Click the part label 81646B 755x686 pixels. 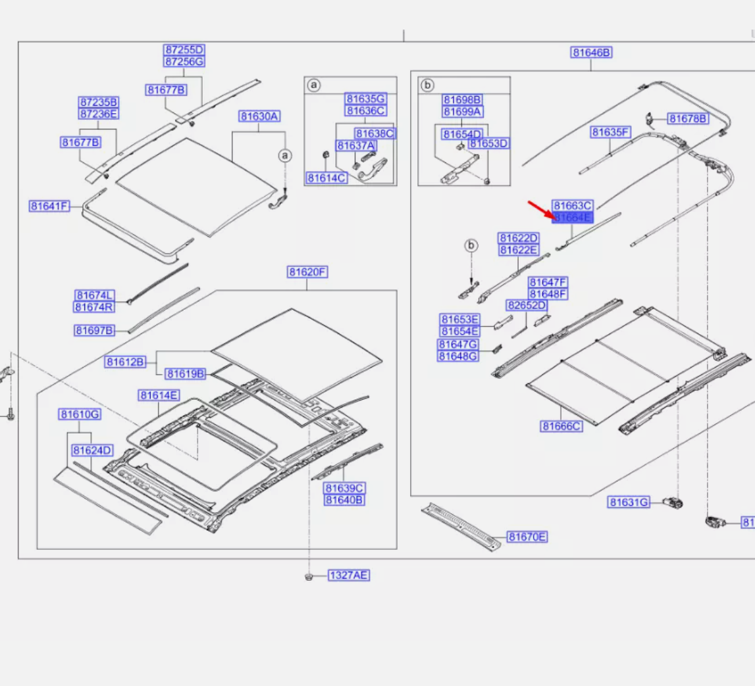tap(591, 53)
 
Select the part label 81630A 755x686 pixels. tap(259, 116)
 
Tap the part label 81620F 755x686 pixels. tap(307, 272)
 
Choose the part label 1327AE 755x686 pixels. tap(349, 576)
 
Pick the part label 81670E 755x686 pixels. tap(527, 537)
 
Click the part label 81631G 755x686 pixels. tap(629, 502)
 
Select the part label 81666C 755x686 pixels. tap(561, 426)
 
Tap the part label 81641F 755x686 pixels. tap(49, 206)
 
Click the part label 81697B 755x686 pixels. tap(94, 330)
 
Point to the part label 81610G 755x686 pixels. tap(80, 414)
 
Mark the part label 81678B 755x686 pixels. tap(689, 118)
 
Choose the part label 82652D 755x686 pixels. tap(526, 306)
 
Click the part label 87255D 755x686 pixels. tap(184, 50)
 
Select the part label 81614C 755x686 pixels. tap(326, 178)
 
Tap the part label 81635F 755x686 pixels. tap(610, 132)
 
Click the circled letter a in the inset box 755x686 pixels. tap(314, 86)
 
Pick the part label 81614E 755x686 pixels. tap(158, 395)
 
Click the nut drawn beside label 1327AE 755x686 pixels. tap(309, 576)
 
